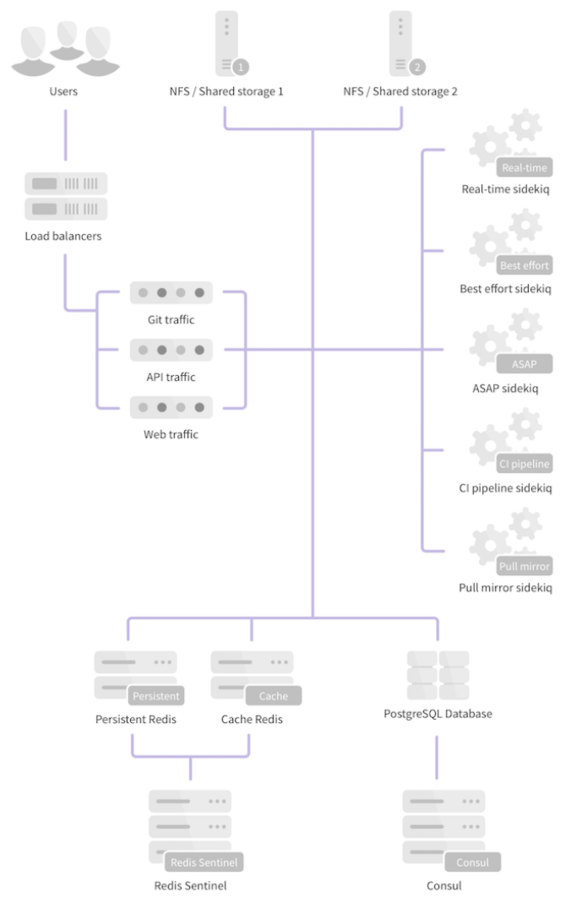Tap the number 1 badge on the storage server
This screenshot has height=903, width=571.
click(x=241, y=66)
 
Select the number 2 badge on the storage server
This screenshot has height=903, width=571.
click(x=417, y=66)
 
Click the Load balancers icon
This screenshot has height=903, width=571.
click(x=65, y=196)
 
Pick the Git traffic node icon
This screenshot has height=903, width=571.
click(x=171, y=293)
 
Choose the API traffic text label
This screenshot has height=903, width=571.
click(x=171, y=377)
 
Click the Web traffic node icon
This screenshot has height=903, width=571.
click(x=171, y=407)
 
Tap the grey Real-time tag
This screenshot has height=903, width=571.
click(x=525, y=167)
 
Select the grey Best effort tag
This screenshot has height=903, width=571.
click(x=524, y=265)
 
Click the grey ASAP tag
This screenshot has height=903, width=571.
click(x=524, y=364)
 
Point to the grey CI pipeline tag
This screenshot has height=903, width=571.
click(x=524, y=464)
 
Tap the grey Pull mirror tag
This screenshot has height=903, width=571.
click(x=525, y=566)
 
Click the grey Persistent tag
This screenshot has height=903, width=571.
click(x=156, y=696)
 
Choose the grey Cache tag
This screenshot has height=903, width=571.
click(x=273, y=696)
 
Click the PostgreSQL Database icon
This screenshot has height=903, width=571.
click(x=438, y=675)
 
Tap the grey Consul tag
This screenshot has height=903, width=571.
click(x=473, y=862)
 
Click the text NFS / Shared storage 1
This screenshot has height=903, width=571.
click(x=225, y=91)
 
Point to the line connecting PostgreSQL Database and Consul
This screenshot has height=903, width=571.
click(x=437, y=757)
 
